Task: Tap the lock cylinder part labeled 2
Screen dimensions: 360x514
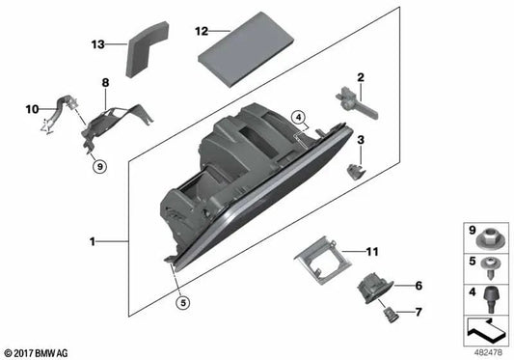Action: (x=353, y=102)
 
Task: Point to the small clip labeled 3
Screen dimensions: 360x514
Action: (x=357, y=170)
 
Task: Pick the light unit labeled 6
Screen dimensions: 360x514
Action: (x=372, y=287)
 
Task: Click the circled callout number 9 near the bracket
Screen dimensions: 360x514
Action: (x=98, y=167)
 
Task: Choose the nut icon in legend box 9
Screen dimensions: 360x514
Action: (x=487, y=236)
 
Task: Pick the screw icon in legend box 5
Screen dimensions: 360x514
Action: (x=487, y=265)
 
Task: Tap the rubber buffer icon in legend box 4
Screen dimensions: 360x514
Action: (x=487, y=293)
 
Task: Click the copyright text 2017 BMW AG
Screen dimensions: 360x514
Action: (x=39, y=351)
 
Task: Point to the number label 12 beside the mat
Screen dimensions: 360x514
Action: (x=201, y=30)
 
